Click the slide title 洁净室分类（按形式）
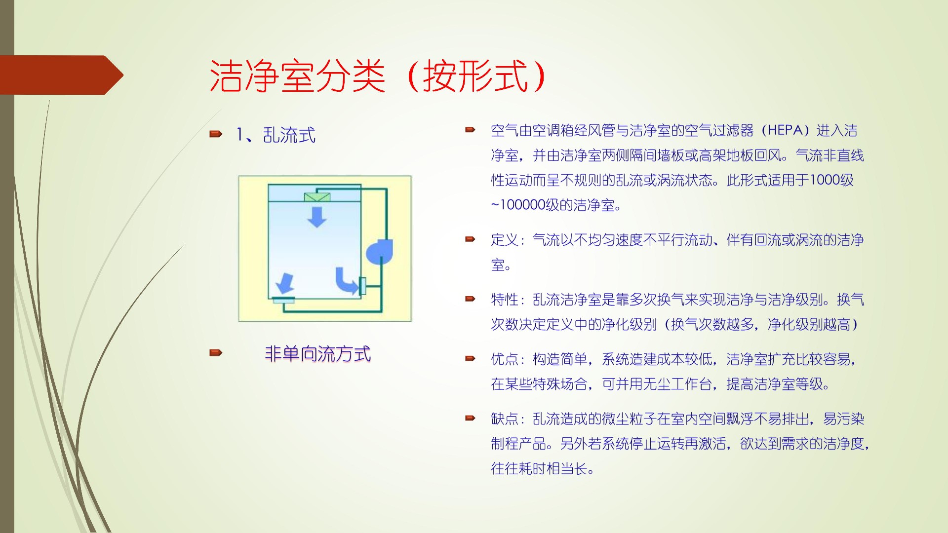[x=378, y=76]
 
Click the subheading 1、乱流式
[x=276, y=135]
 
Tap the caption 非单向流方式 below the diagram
[x=317, y=353]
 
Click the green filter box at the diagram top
[x=317, y=197]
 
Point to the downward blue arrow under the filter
[x=317, y=217]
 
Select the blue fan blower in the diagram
[x=379, y=252]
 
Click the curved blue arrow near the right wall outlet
[x=347, y=280]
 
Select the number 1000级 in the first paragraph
[x=832, y=180]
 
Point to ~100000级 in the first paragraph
[x=518, y=205]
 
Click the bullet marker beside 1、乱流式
[x=216, y=134]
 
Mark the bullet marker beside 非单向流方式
[x=216, y=353]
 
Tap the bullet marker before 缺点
[x=470, y=419]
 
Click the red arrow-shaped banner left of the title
[x=62, y=75]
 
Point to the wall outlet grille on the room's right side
[x=362, y=286]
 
